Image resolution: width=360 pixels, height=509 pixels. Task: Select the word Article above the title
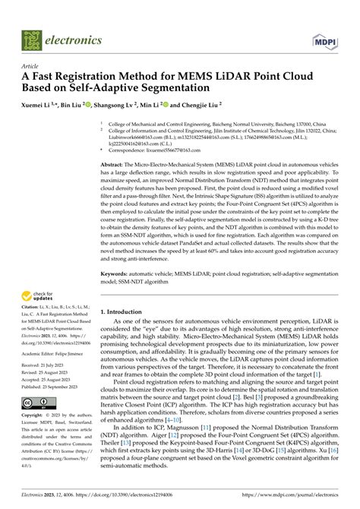pos(31,66)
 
